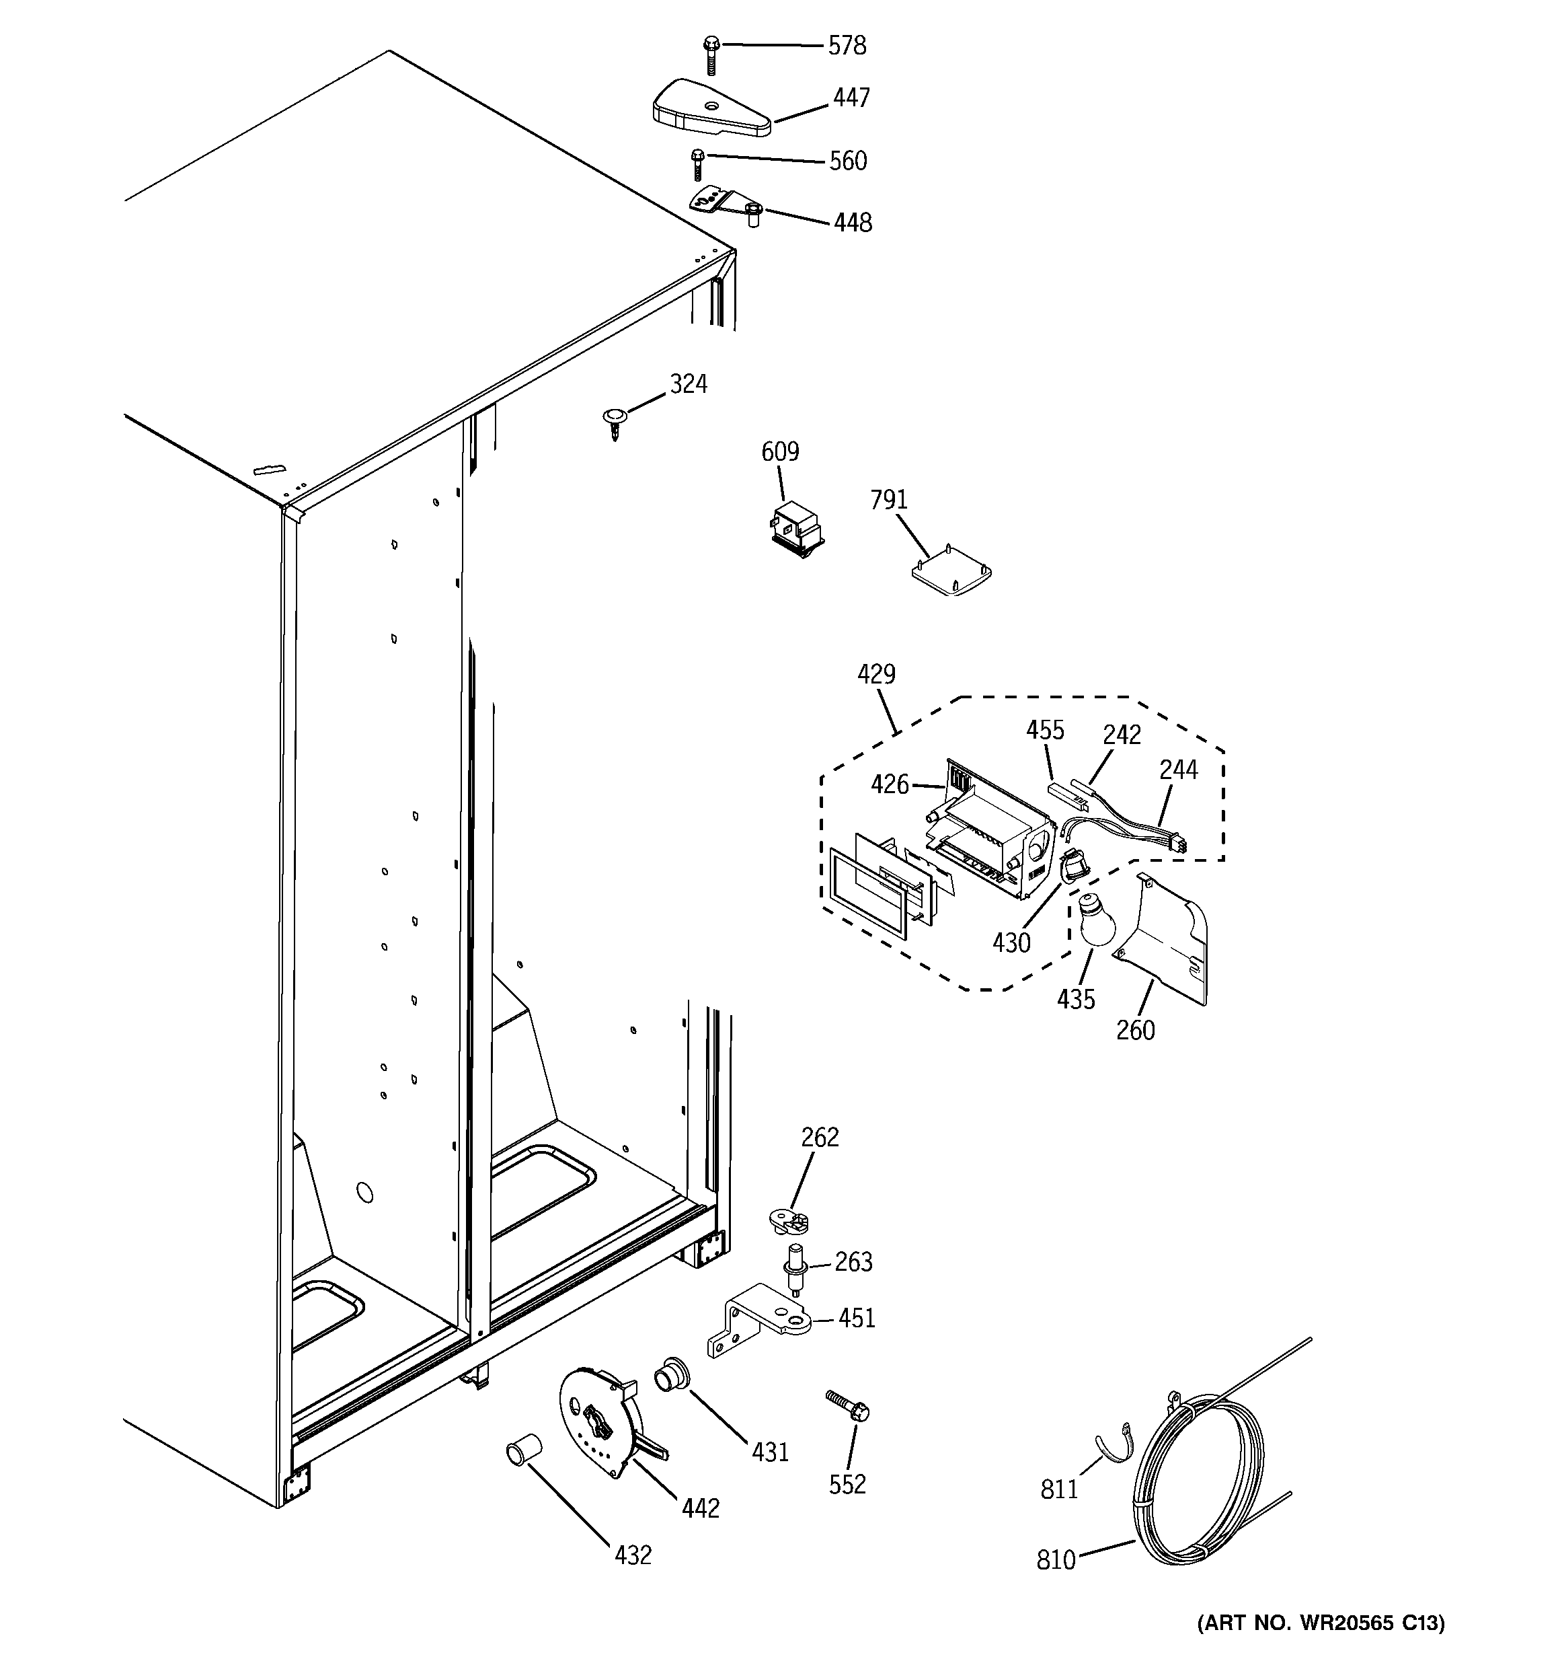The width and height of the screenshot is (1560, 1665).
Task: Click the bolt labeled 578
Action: (x=711, y=54)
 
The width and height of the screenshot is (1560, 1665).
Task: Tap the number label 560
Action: (x=847, y=161)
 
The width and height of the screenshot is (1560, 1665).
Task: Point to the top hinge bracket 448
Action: (x=725, y=205)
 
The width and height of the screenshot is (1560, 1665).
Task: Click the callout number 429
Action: (x=876, y=674)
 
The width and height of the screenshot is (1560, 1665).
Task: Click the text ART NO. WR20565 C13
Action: (x=1321, y=1623)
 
